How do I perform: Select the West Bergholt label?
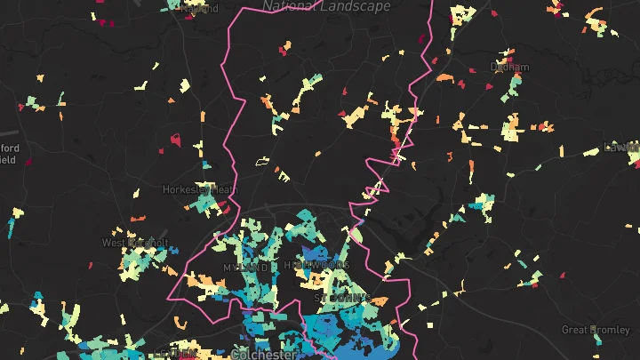point(134,243)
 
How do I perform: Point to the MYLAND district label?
point(244,267)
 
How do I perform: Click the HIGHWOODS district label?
point(316,266)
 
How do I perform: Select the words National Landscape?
point(326,6)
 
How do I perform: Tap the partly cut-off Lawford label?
point(623,147)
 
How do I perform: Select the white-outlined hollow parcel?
point(262,162)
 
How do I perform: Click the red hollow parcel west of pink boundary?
point(176,140)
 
